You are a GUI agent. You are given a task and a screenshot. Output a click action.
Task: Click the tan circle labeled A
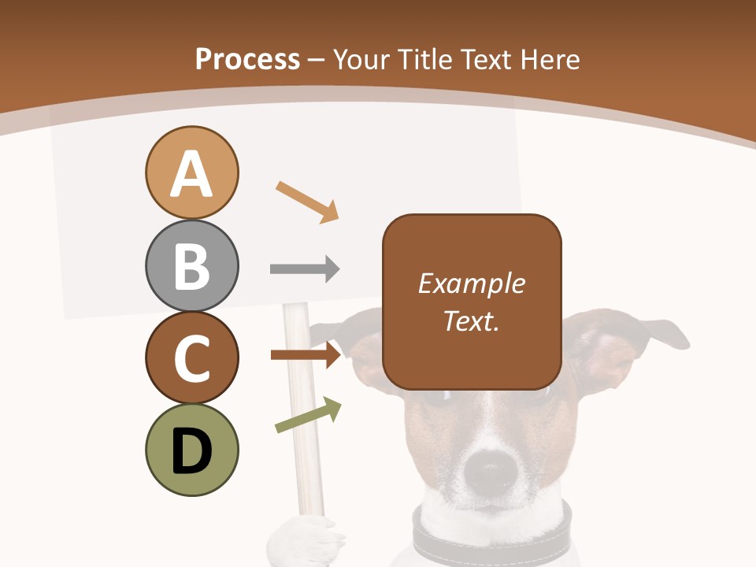coord(191,172)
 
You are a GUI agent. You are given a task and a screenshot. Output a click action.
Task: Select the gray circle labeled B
coord(191,266)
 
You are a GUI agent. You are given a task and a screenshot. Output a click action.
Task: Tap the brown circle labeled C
coord(191,358)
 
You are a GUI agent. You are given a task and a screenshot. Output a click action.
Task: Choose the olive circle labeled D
coord(191,450)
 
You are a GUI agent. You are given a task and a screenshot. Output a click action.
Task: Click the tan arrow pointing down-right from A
coord(307,202)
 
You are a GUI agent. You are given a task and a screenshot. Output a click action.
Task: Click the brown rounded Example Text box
coord(472,302)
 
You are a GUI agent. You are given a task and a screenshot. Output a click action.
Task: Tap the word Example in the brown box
coord(472,283)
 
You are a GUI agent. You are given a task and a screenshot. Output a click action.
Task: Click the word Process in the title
coord(247,60)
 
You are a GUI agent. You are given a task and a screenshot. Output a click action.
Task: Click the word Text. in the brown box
coord(472,321)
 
